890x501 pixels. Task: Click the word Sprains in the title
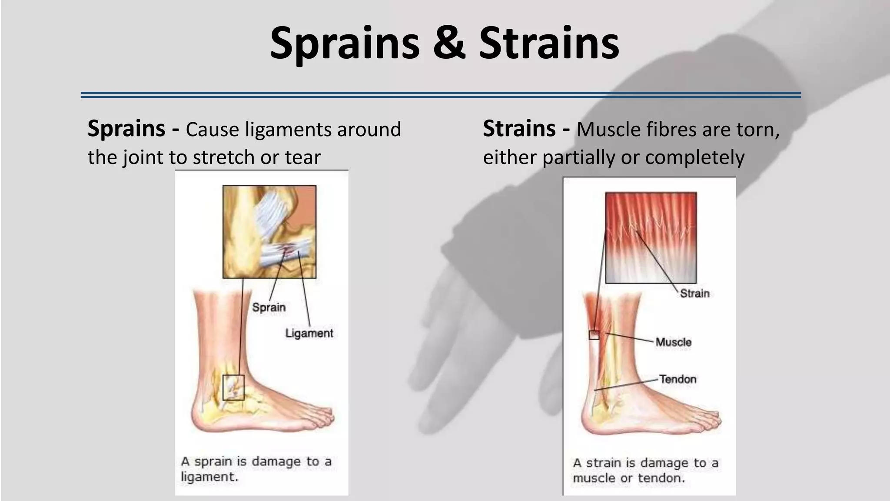(344, 43)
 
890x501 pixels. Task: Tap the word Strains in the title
(549, 43)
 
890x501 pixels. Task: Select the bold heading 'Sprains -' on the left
(133, 129)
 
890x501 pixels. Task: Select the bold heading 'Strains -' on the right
(526, 129)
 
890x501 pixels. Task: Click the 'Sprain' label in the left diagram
(269, 307)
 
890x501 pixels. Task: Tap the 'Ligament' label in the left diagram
(309, 333)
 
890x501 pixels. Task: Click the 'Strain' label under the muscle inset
(694, 294)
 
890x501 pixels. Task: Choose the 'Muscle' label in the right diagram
(673, 342)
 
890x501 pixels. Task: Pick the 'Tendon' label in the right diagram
(677, 379)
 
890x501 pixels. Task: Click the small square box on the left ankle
(233, 387)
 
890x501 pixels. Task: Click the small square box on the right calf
(594, 335)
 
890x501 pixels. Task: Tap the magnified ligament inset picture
(269, 232)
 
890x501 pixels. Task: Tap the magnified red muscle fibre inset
(651, 237)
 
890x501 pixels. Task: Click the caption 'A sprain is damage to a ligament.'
(256, 469)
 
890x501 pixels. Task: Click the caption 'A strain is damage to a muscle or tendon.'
(645, 470)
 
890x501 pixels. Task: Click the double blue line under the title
(440, 95)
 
